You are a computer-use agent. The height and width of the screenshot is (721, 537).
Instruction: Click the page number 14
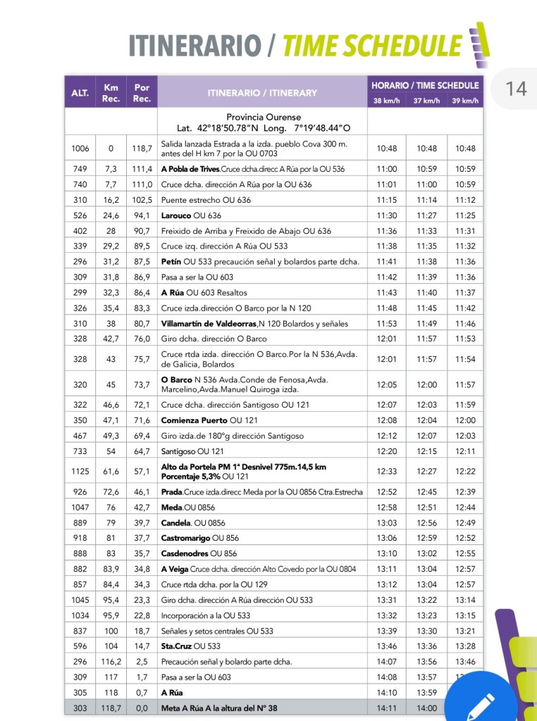516,89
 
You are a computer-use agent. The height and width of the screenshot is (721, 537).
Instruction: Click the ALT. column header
80,93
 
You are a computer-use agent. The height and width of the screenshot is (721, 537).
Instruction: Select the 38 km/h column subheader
387,101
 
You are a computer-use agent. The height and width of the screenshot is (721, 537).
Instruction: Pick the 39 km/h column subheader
465,101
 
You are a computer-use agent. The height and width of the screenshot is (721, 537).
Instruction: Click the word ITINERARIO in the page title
194,46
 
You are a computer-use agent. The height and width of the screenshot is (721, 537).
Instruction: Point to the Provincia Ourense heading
264,117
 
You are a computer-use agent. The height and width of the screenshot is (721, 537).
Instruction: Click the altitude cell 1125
80,471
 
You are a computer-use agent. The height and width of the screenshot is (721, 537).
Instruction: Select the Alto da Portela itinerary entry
243,471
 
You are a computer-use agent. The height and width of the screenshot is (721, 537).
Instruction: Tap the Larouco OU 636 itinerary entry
191,215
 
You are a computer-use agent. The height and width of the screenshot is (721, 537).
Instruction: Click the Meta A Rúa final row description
219,708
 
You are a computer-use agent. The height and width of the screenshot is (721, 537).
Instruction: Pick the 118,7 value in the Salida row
142,149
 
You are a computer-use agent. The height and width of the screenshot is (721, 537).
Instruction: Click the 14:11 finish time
387,708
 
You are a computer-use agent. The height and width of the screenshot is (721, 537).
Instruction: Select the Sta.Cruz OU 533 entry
190,646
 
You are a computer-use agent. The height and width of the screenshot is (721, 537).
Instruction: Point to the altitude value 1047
80,507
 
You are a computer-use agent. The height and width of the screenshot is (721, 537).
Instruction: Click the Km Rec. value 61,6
111,471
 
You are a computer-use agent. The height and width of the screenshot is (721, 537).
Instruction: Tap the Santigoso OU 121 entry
192,451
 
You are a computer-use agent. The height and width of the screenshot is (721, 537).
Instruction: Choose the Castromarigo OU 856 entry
199,538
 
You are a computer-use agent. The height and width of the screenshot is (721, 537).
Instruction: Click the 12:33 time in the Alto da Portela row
387,471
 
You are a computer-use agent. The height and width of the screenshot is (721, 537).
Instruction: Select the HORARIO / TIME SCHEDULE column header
425,85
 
